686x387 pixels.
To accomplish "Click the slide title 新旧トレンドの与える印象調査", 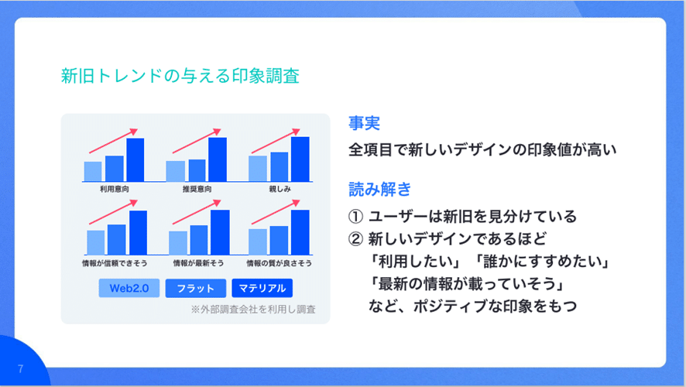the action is (x=180, y=76).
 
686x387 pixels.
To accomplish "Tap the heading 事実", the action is (x=364, y=123).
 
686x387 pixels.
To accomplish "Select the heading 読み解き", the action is (x=379, y=189).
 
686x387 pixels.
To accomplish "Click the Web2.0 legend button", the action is (x=129, y=288).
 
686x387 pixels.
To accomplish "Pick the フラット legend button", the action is (x=196, y=288).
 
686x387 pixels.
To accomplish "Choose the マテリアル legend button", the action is (x=262, y=288).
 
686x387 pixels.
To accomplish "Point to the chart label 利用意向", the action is (x=114, y=189).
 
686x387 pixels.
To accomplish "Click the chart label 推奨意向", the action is (x=197, y=189).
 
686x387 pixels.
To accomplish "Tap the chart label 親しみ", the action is (x=280, y=189).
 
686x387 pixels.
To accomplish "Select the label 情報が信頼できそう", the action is (x=115, y=263).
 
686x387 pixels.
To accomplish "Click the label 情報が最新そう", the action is (x=198, y=263).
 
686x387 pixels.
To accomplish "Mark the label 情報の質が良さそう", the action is (x=280, y=263).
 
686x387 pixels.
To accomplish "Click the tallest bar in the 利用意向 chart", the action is (x=135, y=159).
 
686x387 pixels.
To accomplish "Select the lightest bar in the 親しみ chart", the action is (x=258, y=169).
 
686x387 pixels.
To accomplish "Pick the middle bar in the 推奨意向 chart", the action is (x=197, y=170).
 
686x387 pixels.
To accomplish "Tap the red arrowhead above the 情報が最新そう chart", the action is (x=217, y=204).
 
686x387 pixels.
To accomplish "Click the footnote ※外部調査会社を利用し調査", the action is (x=253, y=309).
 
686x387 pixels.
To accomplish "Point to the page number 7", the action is (x=21, y=368).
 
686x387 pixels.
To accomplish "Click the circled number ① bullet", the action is (x=355, y=216).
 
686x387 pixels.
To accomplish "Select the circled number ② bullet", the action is (x=355, y=238).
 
